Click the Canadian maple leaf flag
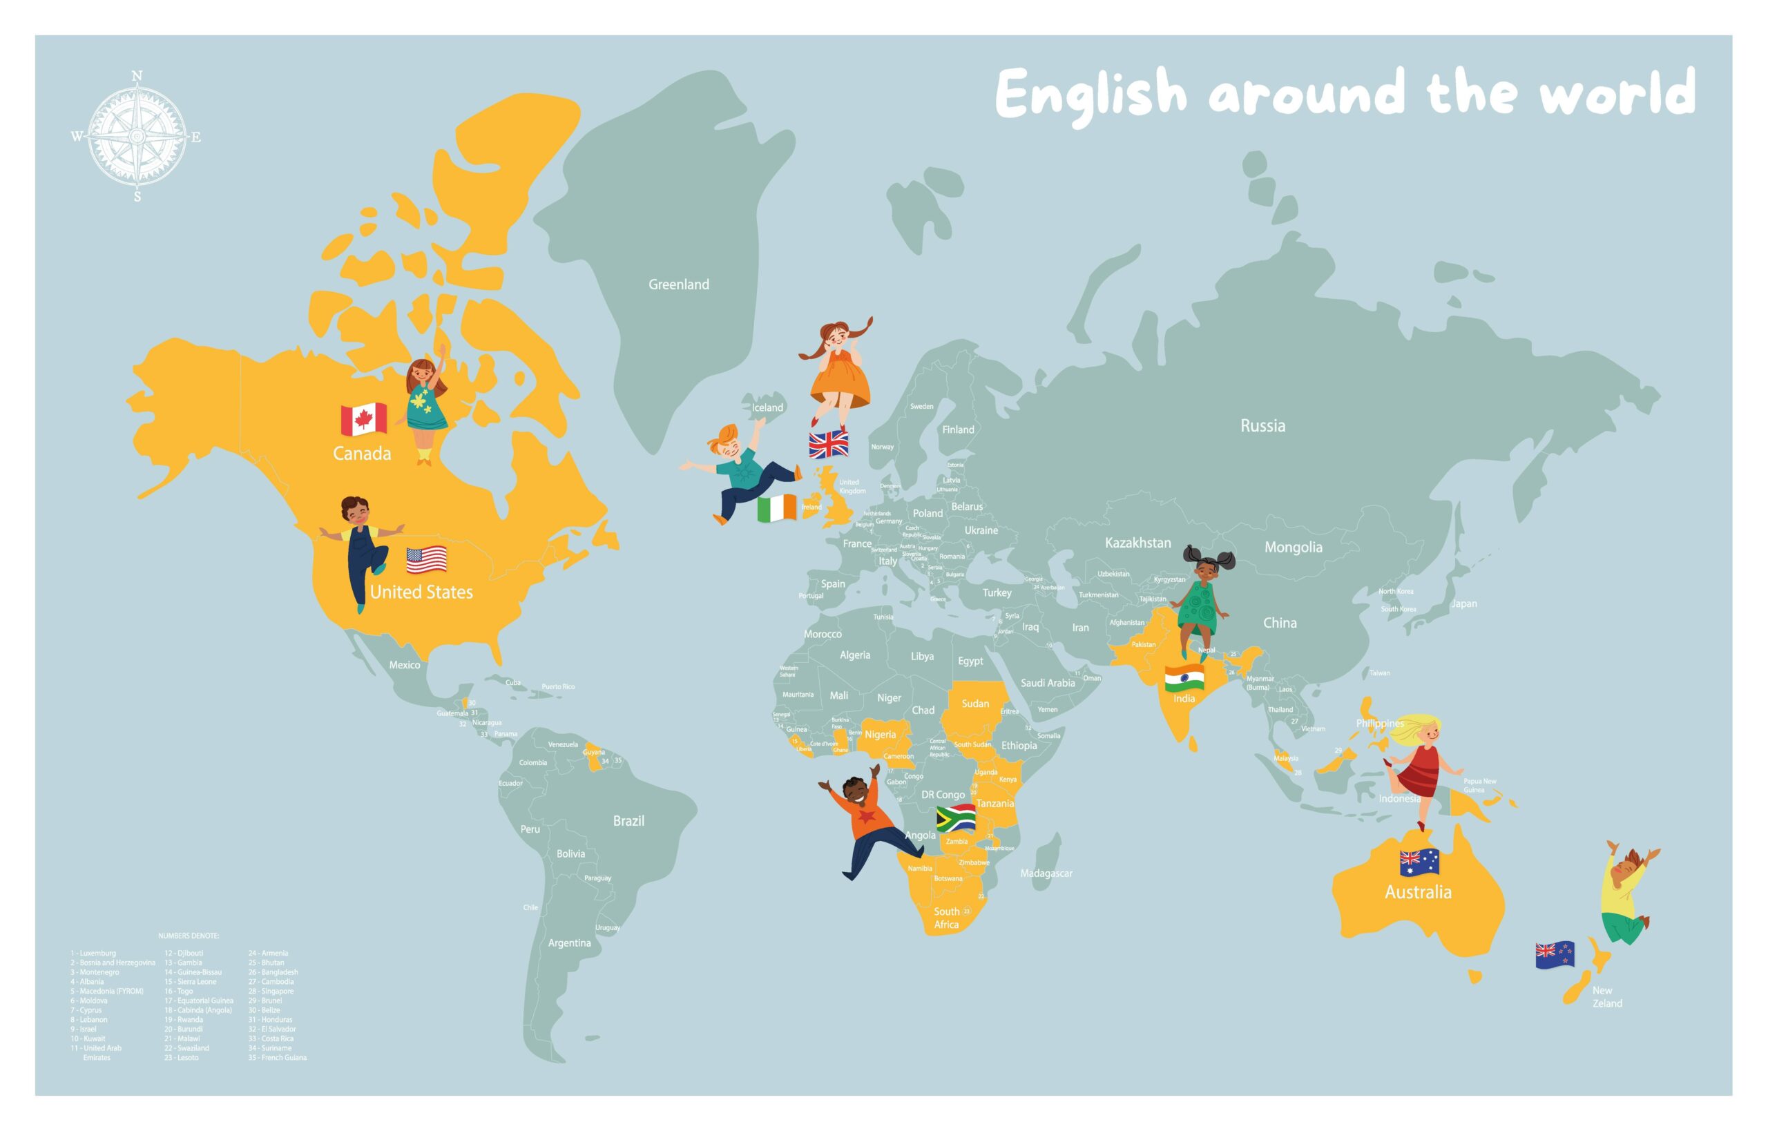pyautogui.click(x=363, y=419)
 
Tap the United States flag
pyautogui.click(x=427, y=561)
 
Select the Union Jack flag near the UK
pyautogui.click(x=829, y=445)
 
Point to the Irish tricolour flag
pyautogui.click(x=776, y=508)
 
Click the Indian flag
pyautogui.click(x=1184, y=677)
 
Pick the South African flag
pyautogui.click(x=956, y=818)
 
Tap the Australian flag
pyautogui.click(x=1419, y=862)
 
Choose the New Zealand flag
pyautogui.click(x=1555, y=955)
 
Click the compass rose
pyautogui.click(x=137, y=137)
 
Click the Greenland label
pyautogui.click(x=679, y=285)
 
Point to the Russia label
pyautogui.click(x=1262, y=426)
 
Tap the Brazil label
pyautogui.click(x=628, y=821)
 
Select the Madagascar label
pyautogui.click(x=1046, y=873)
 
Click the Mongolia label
pyautogui.click(x=1293, y=547)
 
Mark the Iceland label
pyautogui.click(x=767, y=407)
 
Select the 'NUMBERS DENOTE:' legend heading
pyautogui.click(x=189, y=936)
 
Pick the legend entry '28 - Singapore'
pyautogui.click(x=270, y=992)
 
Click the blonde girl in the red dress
pyautogui.click(x=1418, y=764)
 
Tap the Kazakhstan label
pyautogui.click(x=1137, y=543)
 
